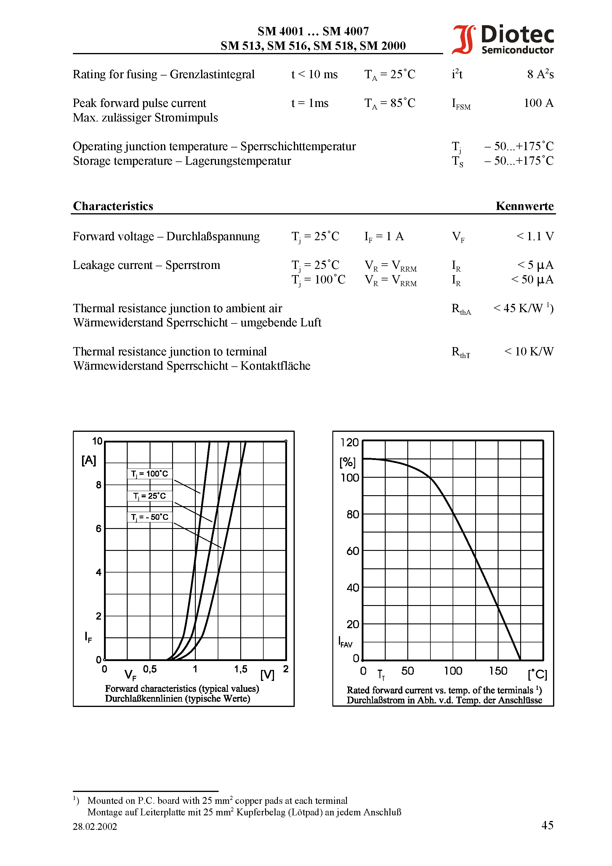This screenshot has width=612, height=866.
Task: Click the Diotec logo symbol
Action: (463, 39)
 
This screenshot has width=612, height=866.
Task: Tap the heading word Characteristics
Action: (113, 206)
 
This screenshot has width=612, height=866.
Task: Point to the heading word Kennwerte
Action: (524, 206)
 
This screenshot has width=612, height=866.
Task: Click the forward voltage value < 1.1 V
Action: (535, 236)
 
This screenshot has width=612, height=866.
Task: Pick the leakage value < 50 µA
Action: (532, 280)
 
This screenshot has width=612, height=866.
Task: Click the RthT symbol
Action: (461, 352)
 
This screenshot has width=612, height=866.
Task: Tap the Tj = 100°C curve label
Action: (149, 474)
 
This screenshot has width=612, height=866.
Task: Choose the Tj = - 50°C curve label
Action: (149, 517)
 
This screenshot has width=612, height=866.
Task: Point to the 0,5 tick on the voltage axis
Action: (150, 669)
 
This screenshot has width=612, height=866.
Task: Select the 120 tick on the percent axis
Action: (349, 442)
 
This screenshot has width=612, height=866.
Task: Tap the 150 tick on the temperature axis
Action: (498, 671)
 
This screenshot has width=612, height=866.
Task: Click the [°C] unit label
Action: (537, 674)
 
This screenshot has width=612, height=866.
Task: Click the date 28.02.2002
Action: (95, 826)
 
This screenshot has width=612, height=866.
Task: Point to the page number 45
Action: (547, 825)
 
